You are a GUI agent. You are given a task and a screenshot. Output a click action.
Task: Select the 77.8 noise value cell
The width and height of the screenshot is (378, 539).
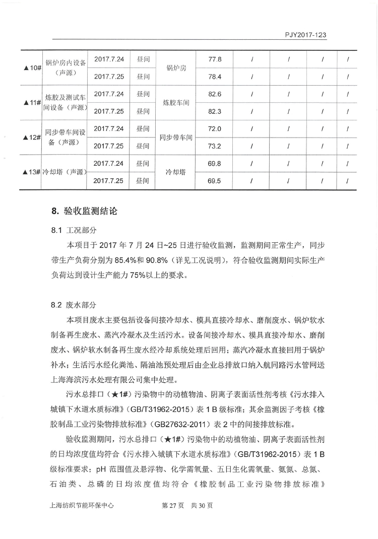coord(215,59)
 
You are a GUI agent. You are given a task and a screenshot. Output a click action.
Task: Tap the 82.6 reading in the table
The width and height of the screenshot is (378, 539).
coord(215,94)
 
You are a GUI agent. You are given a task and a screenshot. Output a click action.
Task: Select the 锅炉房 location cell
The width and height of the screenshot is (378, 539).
coord(176,68)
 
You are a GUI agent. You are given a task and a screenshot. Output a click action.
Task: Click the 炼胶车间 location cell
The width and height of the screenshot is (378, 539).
coord(176,103)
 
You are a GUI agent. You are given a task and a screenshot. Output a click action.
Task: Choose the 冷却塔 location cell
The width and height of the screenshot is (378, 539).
coord(176,172)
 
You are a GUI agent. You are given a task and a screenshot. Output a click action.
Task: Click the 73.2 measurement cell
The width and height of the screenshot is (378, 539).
coord(215,147)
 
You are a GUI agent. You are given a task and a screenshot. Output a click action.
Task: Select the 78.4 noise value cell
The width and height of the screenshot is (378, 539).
coord(215,77)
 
